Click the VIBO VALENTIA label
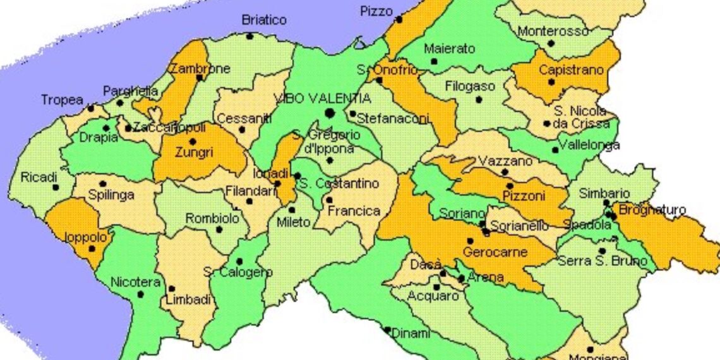pos(322,99)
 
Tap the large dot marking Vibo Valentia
pos(328,113)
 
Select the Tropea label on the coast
pos(62,100)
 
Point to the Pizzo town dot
pos(399,20)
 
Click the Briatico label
pos(264,20)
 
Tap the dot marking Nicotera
pos(140,294)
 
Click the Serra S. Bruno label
pos(602,261)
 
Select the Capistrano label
pos(571,70)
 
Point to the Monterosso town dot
pos(551,44)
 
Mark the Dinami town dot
pos(387,329)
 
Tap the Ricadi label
pos(39,177)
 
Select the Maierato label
pos(448,49)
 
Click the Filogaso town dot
pos(478,99)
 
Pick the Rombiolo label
pos(212,218)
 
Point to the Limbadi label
pos(188,301)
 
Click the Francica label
pos(354,211)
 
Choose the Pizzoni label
pos(524,196)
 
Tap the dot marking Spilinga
pos(102,184)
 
